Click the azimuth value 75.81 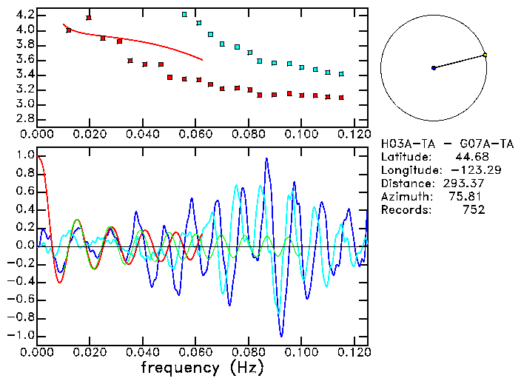[x=469, y=196]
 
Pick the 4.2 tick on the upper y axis [x=24, y=15]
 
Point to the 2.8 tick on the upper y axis [x=24, y=118]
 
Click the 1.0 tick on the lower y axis [x=24, y=155]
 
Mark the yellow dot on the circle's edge [x=485, y=55]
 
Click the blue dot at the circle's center [x=434, y=68]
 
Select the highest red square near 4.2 [x=89, y=18]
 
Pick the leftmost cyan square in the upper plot [x=184, y=15]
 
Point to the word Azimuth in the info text [x=403, y=196]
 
